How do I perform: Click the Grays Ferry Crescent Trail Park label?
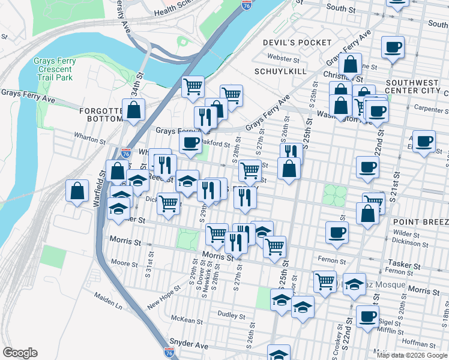(53, 69)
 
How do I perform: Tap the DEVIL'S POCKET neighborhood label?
(297, 43)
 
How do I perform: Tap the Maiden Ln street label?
(107, 301)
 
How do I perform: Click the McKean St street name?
(184, 318)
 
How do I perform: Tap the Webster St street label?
(285, 59)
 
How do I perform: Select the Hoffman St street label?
(414, 343)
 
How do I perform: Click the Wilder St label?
(406, 233)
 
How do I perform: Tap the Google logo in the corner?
(20, 352)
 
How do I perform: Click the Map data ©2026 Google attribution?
(411, 355)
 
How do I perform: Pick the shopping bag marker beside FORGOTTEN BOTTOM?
(134, 110)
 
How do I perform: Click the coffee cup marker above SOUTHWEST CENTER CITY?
(394, 46)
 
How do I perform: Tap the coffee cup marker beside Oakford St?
(190, 143)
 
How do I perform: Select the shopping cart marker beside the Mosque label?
(325, 280)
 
